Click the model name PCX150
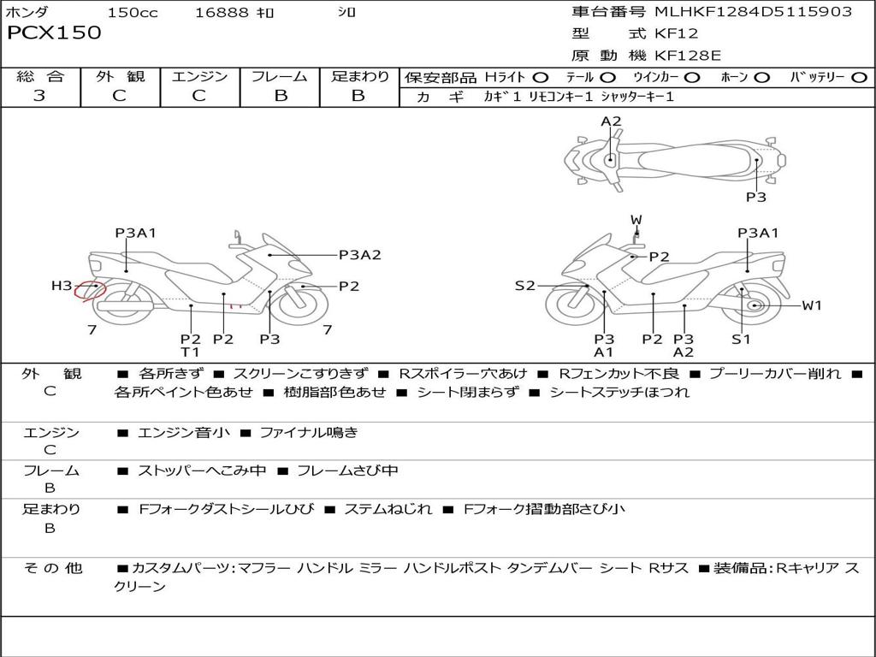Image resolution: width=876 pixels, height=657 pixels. pyautogui.click(x=54, y=33)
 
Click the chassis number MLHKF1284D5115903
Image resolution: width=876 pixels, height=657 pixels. pyautogui.click(x=753, y=12)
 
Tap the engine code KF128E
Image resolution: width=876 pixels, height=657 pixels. pyautogui.click(x=688, y=56)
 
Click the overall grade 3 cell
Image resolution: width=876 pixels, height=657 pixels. pyautogui.click(x=39, y=96)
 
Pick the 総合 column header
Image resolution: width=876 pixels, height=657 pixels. pyautogui.click(x=39, y=77)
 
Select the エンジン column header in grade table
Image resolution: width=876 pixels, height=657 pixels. pyautogui.click(x=199, y=77)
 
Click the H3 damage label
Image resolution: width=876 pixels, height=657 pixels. pyautogui.click(x=62, y=287)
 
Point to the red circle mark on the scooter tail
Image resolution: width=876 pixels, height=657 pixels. pyautogui.click(x=89, y=292)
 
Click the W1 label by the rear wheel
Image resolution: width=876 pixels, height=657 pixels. pyautogui.click(x=811, y=305)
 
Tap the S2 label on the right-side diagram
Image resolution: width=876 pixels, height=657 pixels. pyautogui.click(x=524, y=286)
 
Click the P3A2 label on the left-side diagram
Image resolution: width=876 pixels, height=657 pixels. pyautogui.click(x=359, y=254)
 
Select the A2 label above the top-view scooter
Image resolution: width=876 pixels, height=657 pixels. pyautogui.click(x=611, y=121)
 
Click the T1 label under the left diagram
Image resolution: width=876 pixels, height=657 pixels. pyautogui.click(x=190, y=352)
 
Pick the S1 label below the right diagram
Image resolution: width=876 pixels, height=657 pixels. pyautogui.click(x=741, y=339)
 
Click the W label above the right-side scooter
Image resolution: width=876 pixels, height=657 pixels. pyautogui.click(x=636, y=220)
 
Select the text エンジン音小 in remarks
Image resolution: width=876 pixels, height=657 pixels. pyautogui.click(x=183, y=433)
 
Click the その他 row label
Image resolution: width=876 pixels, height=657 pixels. pyautogui.click(x=53, y=568)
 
